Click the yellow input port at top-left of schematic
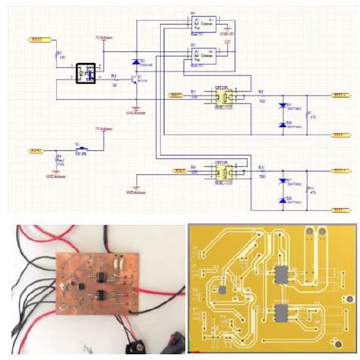[37, 39]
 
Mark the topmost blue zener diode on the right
[283, 106]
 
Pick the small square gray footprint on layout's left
[223, 290]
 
